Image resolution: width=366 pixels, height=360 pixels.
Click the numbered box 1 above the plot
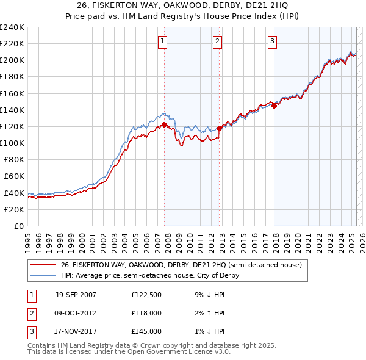click(x=163, y=41)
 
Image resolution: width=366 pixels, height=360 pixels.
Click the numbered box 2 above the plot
click(x=217, y=41)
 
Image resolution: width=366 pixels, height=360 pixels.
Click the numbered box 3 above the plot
click(x=272, y=41)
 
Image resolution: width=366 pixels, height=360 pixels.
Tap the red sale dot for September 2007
click(x=165, y=124)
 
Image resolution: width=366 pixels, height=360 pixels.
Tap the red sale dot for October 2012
click(x=219, y=128)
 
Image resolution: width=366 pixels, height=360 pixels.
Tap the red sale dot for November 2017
click(x=274, y=106)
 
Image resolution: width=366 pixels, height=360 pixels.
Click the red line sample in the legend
click(x=43, y=265)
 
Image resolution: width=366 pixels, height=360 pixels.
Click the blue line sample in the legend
click(x=43, y=276)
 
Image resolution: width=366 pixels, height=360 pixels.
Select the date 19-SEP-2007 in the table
click(x=76, y=295)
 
